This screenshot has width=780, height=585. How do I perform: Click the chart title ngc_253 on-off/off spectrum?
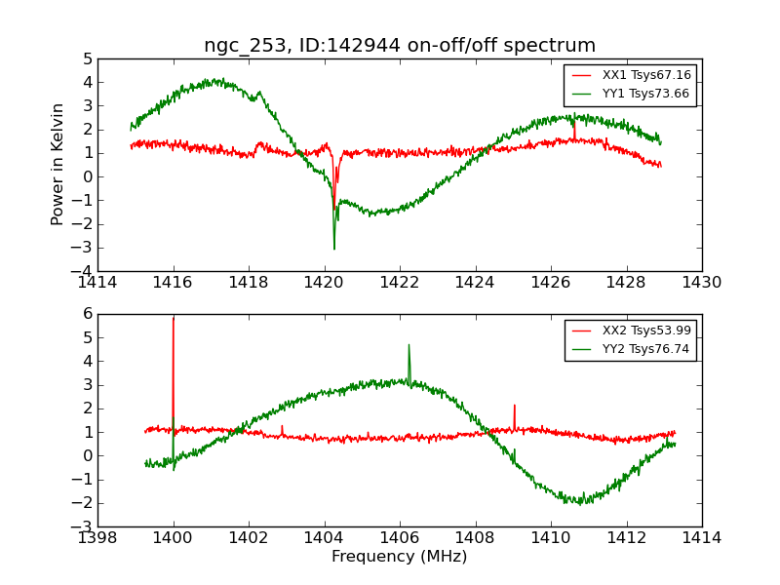(399, 46)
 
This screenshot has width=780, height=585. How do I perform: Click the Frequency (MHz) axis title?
(399, 557)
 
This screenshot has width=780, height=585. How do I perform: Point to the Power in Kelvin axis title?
(58, 164)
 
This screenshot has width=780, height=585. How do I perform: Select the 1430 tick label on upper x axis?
(701, 282)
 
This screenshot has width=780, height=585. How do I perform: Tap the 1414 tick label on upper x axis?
(98, 282)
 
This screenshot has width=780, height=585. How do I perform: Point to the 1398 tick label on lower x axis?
(98, 537)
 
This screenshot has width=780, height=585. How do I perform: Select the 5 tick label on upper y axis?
(87, 59)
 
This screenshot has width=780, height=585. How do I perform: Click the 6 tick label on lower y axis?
(87, 314)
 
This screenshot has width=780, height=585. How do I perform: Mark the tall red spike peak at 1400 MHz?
(174, 318)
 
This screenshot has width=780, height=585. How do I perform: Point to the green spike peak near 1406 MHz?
(409, 344)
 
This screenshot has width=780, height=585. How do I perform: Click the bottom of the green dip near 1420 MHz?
(334, 249)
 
